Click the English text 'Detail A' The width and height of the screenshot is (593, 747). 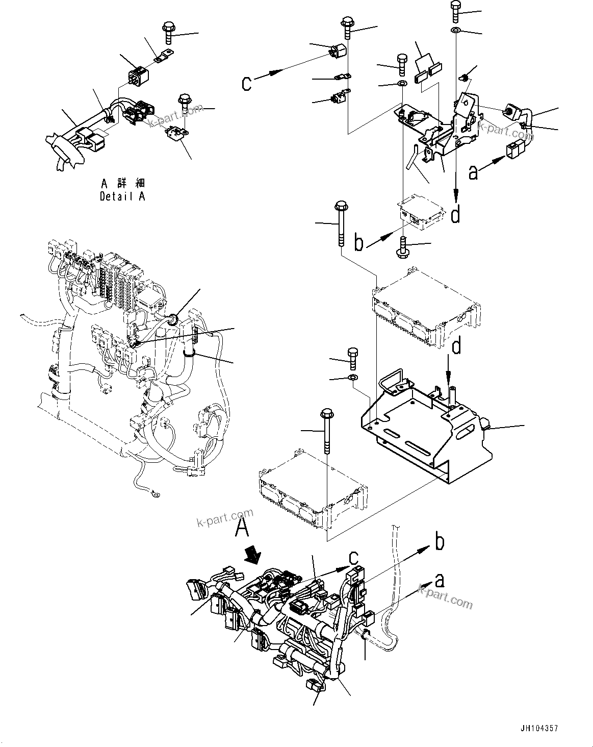click(x=122, y=196)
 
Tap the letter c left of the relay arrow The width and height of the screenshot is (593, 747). click(x=247, y=83)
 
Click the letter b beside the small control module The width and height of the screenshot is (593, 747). click(x=359, y=243)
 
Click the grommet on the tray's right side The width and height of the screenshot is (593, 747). click(x=485, y=424)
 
